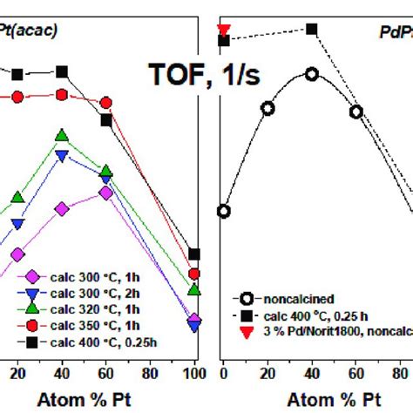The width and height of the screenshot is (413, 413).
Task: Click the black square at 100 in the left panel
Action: click(x=194, y=254)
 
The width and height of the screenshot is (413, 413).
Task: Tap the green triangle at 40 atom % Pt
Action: click(x=62, y=136)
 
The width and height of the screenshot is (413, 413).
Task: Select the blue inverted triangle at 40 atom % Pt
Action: click(x=62, y=156)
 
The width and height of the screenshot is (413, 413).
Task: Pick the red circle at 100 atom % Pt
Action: click(x=194, y=275)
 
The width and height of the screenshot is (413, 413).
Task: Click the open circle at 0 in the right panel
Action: click(x=224, y=211)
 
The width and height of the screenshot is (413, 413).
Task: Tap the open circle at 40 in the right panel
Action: click(x=312, y=75)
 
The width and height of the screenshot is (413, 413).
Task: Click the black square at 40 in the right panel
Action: click(x=312, y=30)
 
